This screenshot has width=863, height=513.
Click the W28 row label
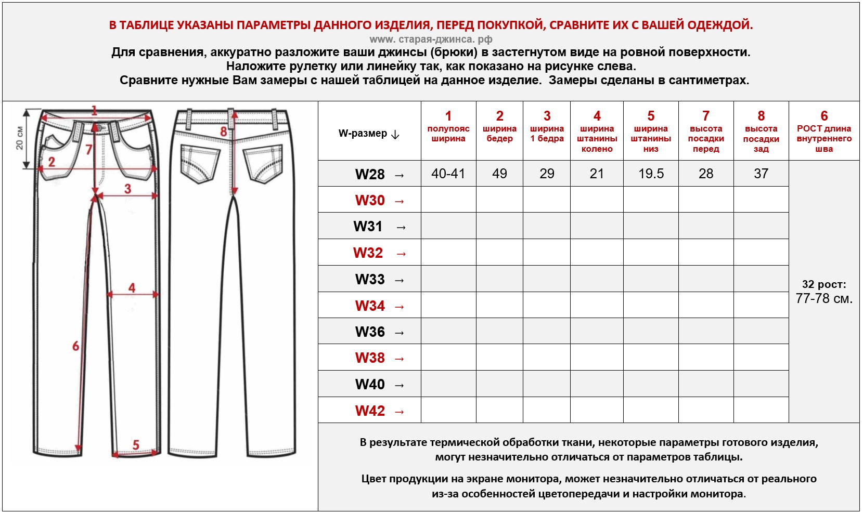tap(370, 174)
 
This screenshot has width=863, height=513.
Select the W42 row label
tap(370, 411)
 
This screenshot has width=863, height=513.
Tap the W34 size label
tap(370, 306)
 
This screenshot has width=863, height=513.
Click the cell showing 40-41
tap(448, 174)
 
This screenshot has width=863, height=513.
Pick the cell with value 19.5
tap(651, 174)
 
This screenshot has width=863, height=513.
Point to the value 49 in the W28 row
tap(499, 174)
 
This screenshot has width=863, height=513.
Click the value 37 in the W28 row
tap(761, 174)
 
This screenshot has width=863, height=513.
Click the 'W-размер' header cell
tap(369, 134)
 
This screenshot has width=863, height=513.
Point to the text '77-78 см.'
tap(824, 298)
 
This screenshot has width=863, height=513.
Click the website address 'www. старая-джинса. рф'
tap(431, 39)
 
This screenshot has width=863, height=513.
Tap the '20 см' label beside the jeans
tap(20, 138)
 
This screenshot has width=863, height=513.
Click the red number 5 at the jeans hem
tap(136, 445)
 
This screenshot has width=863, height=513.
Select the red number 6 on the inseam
tap(76, 346)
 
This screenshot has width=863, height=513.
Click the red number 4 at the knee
tap(132, 287)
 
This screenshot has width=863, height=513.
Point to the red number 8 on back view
tap(224, 131)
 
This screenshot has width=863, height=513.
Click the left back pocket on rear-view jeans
tap(200, 163)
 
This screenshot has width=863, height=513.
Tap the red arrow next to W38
tap(400, 359)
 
